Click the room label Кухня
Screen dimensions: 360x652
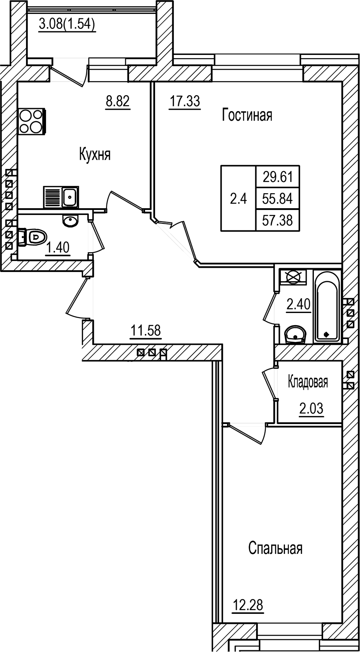pos(95,155)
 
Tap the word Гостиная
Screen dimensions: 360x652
pos(247,115)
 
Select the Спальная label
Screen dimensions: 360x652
pos(275,549)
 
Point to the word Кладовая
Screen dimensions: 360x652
pos(308,382)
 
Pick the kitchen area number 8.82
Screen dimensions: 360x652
pos(118,101)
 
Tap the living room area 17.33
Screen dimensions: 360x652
pos(185,101)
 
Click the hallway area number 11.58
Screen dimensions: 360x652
pos(145,331)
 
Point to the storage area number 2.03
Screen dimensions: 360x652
pos(311,409)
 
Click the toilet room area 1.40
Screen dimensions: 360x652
pos(58,248)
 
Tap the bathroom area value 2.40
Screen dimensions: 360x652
pos(298,305)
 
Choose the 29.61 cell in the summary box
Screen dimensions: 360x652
pos(277,176)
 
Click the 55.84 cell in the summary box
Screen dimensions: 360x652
pos(277,198)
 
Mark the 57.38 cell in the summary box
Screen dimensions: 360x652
pos(277,220)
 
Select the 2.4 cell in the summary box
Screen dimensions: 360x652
pos(238,199)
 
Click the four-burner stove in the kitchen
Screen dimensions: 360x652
pos(31,122)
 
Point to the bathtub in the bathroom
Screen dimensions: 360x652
pos(327,306)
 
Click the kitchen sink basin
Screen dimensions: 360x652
pos(70,197)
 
